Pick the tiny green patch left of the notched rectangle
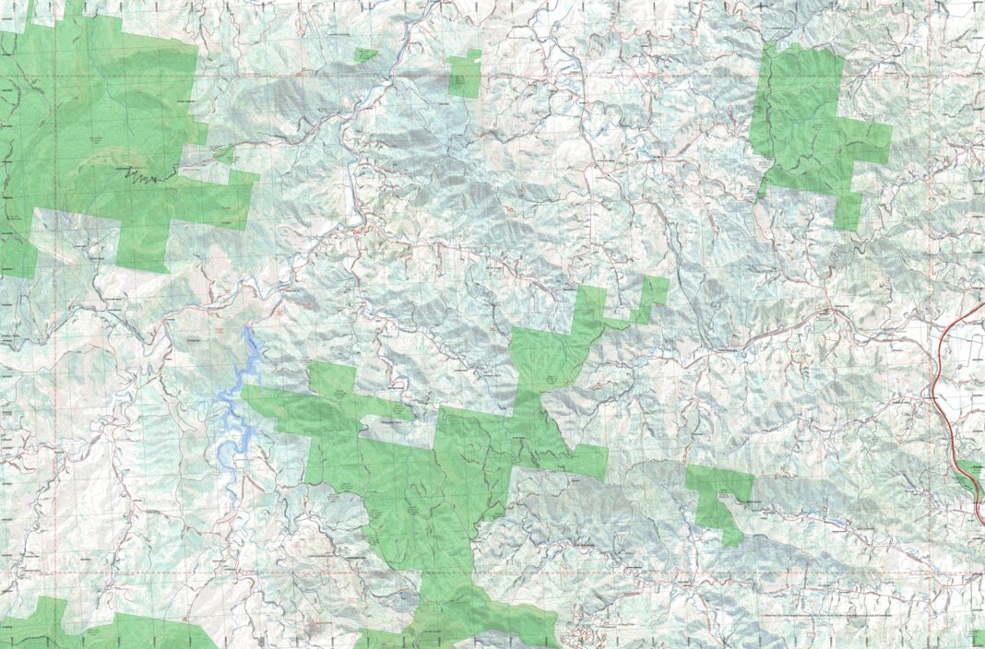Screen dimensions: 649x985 (366, 55)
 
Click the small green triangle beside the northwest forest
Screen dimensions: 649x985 (224, 155)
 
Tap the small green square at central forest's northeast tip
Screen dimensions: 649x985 (655, 293)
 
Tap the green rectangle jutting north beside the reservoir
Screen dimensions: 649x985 (331, 378)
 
